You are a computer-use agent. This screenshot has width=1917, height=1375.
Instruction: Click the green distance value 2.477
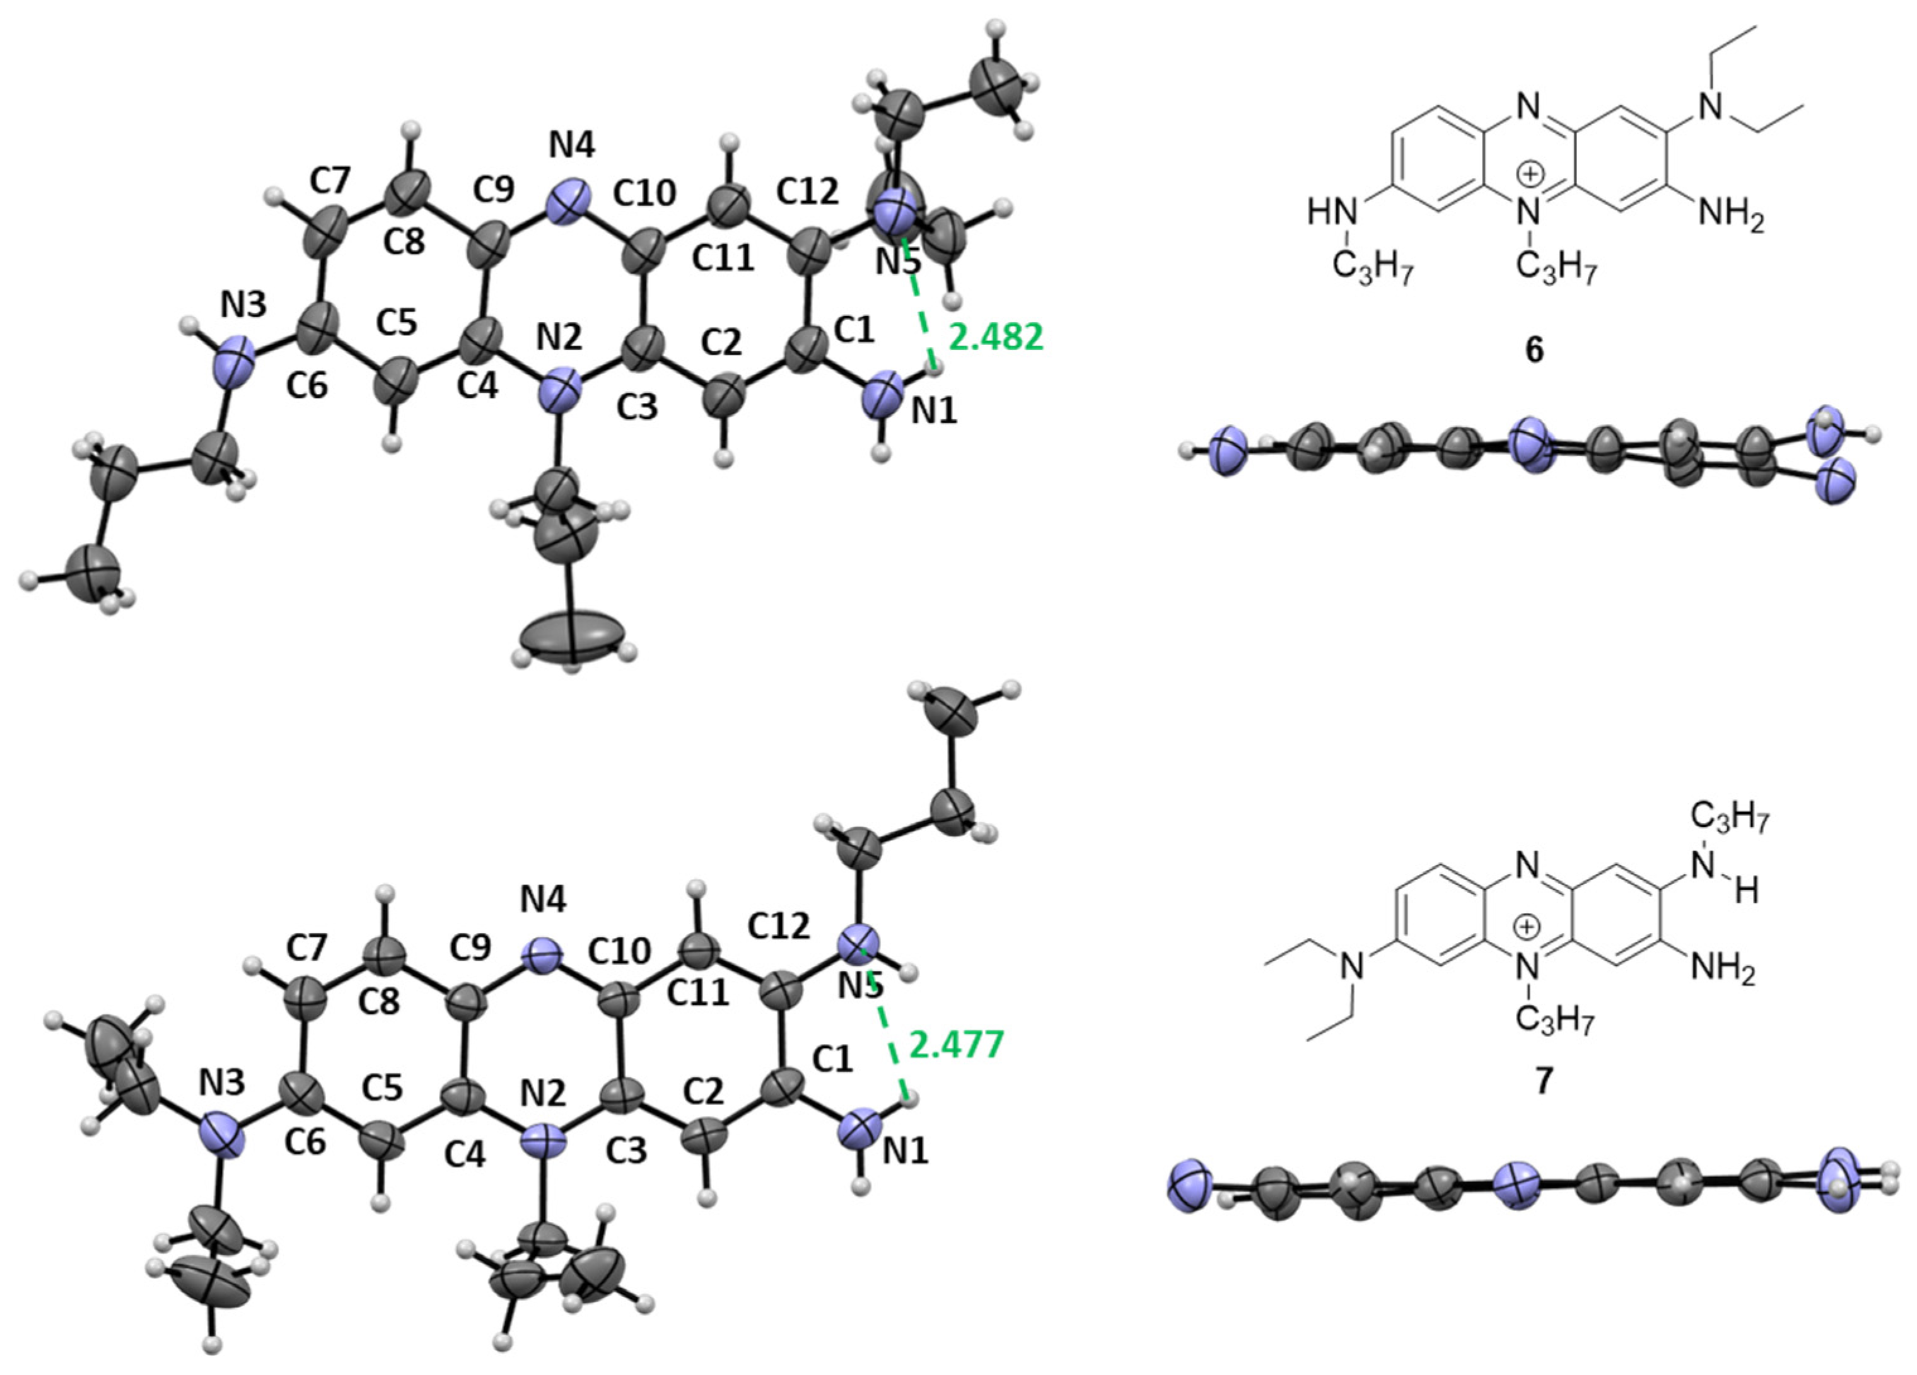[x=956, y=1045]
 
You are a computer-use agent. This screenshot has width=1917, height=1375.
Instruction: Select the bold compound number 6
[x=1533, y=349]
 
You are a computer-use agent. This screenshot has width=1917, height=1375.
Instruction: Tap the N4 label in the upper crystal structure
[x=572, y=146]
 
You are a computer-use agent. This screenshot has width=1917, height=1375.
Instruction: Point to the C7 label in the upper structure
[x=330, y=180]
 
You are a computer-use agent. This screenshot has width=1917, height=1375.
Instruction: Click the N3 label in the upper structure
[x=243, y=305]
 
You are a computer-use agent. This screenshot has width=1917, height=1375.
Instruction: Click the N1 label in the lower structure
[x=906, y=1151]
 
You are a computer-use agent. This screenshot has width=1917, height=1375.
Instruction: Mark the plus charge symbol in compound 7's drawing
[x=1527, y=927]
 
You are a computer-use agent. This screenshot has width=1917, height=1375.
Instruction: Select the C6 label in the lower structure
[x=305, y=1142]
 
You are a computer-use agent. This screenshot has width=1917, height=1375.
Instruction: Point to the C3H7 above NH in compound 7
[x=1729, y=818]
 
